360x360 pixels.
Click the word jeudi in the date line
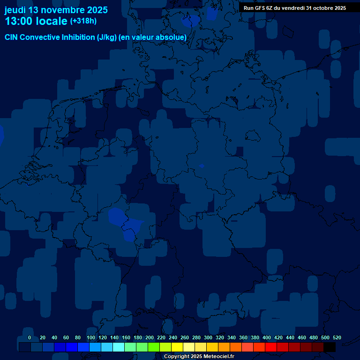tap(15, 10)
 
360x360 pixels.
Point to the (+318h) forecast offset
tap(83, 21)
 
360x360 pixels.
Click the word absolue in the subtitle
tap(172, 37)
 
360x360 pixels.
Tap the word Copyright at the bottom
tap(177, 357)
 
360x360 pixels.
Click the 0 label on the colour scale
tap(30, 337)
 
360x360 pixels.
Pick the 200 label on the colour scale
tap(150, 337)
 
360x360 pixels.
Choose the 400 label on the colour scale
tap(267, 337)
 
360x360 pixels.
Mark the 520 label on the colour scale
tap(337, 337)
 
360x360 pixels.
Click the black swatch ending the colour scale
tap(330, 347)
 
